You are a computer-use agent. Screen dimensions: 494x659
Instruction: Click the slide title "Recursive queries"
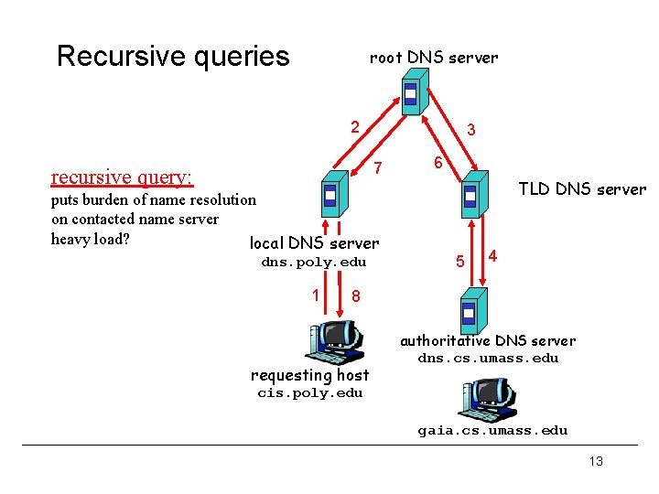click(x=173, y=57)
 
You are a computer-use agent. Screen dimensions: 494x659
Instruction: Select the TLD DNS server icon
click(x=471, y=194)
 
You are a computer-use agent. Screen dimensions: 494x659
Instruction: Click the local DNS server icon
click(x=331, y=197)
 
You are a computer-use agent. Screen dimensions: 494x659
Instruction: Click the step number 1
click(x=315, y=295)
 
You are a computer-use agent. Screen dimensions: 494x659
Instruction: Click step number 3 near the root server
click(x=470, y=131)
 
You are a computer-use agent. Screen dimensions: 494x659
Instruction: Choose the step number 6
click(x=438, y=163)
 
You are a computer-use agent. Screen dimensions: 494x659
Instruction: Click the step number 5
click(x=461, y=262)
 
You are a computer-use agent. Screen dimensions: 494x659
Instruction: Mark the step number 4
click(x=493, y=254)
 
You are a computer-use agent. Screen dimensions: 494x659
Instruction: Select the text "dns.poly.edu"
click(x=314, y=263)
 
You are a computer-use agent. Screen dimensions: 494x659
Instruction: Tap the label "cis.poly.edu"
click(x=310, y=393)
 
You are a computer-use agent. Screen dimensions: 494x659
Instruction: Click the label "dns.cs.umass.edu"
click(x=488, y=358)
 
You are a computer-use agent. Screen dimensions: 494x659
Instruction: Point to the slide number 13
click(x=596, y=461)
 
